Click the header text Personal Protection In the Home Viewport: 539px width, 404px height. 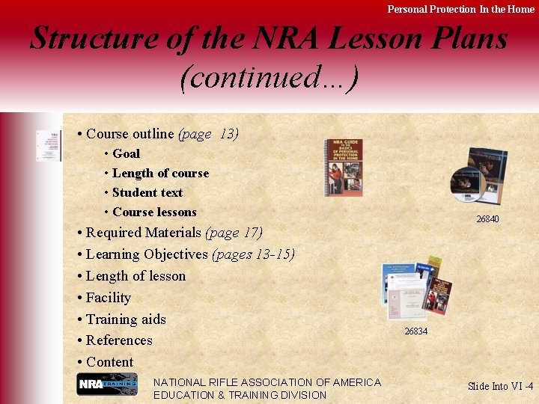[x=460, y=9]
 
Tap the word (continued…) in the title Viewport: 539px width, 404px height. [x=269, y=77]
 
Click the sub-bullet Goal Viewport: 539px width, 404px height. [x=126, y=153]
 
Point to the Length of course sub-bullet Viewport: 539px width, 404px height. [x=160, y=173]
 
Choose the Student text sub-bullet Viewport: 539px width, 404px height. [x=147, y=192]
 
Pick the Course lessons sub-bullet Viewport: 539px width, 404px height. [x=154, y=212]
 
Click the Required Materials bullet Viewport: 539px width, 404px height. [x=173, y=233]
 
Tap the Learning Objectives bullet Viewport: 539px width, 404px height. [x=190, y=254]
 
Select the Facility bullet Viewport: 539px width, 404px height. [x=108, y=298]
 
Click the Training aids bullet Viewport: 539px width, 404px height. [x=125, y=319]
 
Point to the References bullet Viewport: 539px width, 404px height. [x=118, y=340]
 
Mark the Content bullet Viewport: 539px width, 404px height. [x=109, y=362]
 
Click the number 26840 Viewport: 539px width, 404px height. [x=487, y=219]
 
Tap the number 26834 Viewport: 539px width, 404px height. [x=415, y=331]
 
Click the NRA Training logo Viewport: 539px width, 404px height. [x=107, y=384]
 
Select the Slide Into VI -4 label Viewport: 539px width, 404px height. [x=500, y=386]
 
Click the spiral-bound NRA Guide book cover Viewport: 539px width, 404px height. [x=344, y=168]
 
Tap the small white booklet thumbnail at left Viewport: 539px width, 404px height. [x=49, y=145]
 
